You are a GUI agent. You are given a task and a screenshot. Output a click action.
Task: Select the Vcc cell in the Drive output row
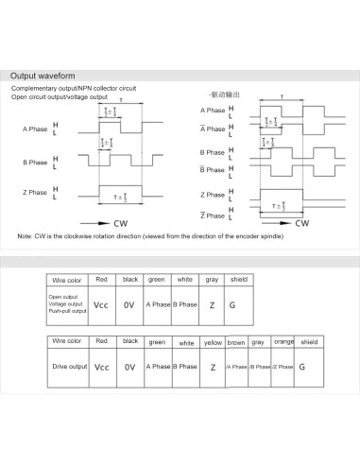tap(102, 366)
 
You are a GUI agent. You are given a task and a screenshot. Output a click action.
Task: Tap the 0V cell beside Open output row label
tap(130, 305)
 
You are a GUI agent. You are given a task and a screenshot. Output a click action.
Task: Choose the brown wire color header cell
tap(236, 341)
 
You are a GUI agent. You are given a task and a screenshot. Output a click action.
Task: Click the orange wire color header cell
tap(283, 341)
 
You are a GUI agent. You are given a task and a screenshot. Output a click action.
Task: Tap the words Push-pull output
tap(66, 311)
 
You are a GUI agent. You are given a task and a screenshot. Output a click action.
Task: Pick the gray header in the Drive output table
tap(258, 341)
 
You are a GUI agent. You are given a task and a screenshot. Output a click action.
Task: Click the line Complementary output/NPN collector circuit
tap(74, 88)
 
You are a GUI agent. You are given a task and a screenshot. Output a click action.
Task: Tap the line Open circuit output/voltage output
tap(60, 96)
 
